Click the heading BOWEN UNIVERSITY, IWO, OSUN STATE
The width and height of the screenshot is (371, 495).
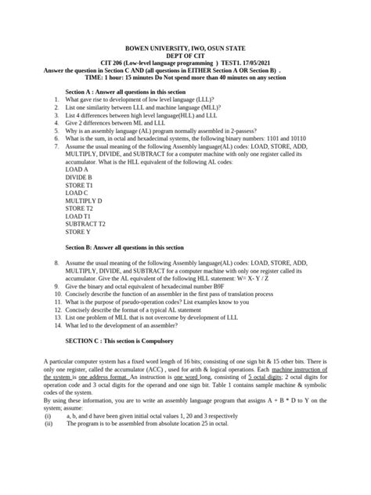pos(185,46)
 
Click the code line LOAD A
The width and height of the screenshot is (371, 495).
pos(77,169)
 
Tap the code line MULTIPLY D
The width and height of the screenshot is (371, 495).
pos(84,201)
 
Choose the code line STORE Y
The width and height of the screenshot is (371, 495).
pos(78,232)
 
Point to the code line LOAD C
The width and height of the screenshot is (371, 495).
pos(77,193)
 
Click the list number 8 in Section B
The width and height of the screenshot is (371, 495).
pos(57,264)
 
